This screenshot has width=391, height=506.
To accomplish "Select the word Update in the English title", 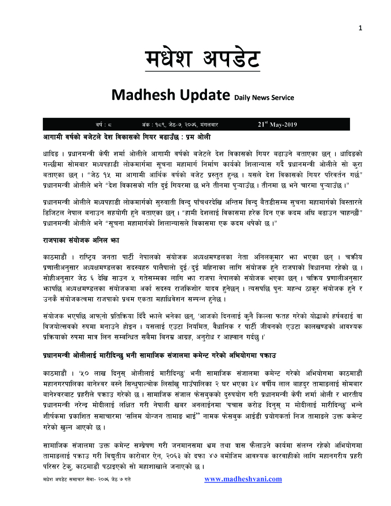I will (x=204, y=96).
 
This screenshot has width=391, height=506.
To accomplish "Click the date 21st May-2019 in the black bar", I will (x=277, y=124).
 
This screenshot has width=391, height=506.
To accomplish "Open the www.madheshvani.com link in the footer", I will (x=243, y=479).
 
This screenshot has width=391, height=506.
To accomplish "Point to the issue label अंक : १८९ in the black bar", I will (x=153, y=125).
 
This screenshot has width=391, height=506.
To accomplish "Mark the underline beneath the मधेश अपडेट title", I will (x=202, y=71).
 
